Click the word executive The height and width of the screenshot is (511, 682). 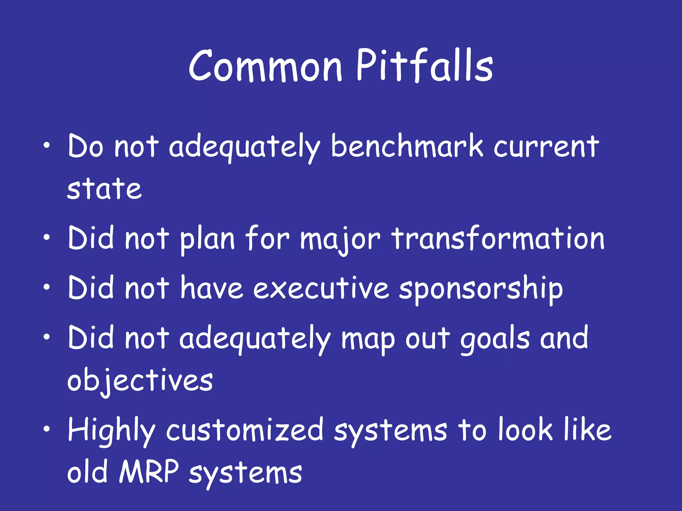tap(321, 288)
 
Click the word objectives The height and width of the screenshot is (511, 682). tap(140, 381)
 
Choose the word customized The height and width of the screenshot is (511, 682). tap(245, 430)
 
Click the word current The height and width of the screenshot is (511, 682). tap(546, 147)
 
